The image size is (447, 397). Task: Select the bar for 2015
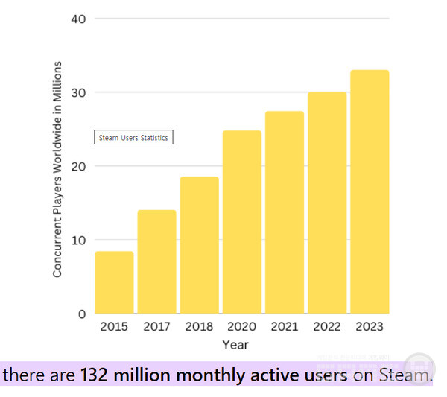click(114, 282)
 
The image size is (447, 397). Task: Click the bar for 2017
click(156, 261)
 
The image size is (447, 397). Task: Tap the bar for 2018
click(199, 245)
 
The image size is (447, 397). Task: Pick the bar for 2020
click(242, 222)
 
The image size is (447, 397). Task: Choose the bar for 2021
click(285, 212)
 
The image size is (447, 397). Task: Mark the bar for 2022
click(327, 203)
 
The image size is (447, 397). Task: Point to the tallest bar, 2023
click(370, 191)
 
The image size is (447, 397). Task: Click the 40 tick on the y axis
click(78, 18)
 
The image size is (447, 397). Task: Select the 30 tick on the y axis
click(78, 92)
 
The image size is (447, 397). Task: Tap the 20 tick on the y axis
click(78, 166)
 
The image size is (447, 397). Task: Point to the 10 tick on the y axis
click(78, 240)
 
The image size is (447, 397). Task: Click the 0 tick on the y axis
click(81, 314)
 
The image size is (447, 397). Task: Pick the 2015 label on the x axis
click(114, 327)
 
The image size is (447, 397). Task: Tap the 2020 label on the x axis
click(242, 327)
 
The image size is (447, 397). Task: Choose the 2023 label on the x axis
click(370, 327)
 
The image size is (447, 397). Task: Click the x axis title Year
click(235, 344)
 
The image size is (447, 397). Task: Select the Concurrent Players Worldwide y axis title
click(57, 170)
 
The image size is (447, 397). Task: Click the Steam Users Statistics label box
click(133, 138)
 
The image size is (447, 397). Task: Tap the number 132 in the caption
click(95, 375)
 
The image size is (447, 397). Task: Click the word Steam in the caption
click(405, 375)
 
